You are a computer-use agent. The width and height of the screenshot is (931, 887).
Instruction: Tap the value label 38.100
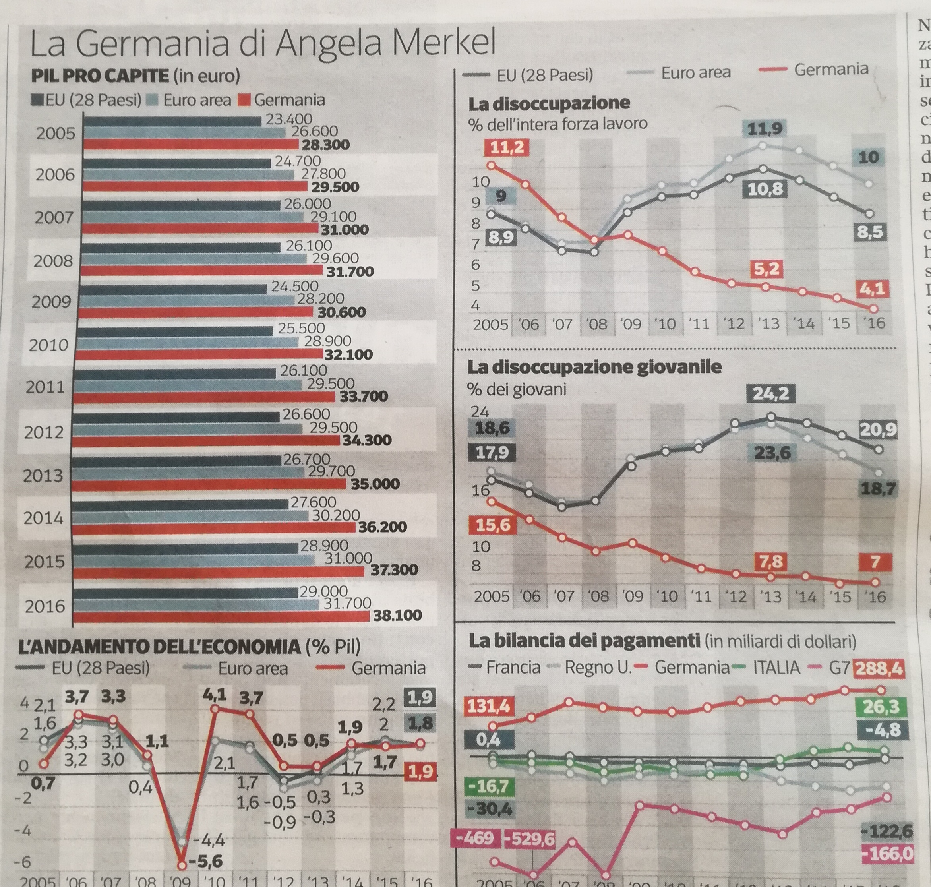click(397, 615)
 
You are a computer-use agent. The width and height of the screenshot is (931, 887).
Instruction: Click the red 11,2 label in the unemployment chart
click(506, 148)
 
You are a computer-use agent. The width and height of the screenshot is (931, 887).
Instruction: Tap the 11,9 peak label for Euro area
click(765, 128)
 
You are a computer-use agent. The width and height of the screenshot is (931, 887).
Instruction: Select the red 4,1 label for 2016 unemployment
click(872, 289)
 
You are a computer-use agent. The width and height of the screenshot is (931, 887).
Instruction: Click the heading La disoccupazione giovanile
click(594, 367)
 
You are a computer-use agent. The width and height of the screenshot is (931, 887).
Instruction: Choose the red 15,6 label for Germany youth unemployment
click(493, 525)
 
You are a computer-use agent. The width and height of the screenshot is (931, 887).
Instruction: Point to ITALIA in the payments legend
click(776, 668)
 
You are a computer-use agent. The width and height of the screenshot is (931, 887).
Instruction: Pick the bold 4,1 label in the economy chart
click(215, 695)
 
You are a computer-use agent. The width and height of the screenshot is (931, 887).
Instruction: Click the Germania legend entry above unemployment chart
click(831, 70)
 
